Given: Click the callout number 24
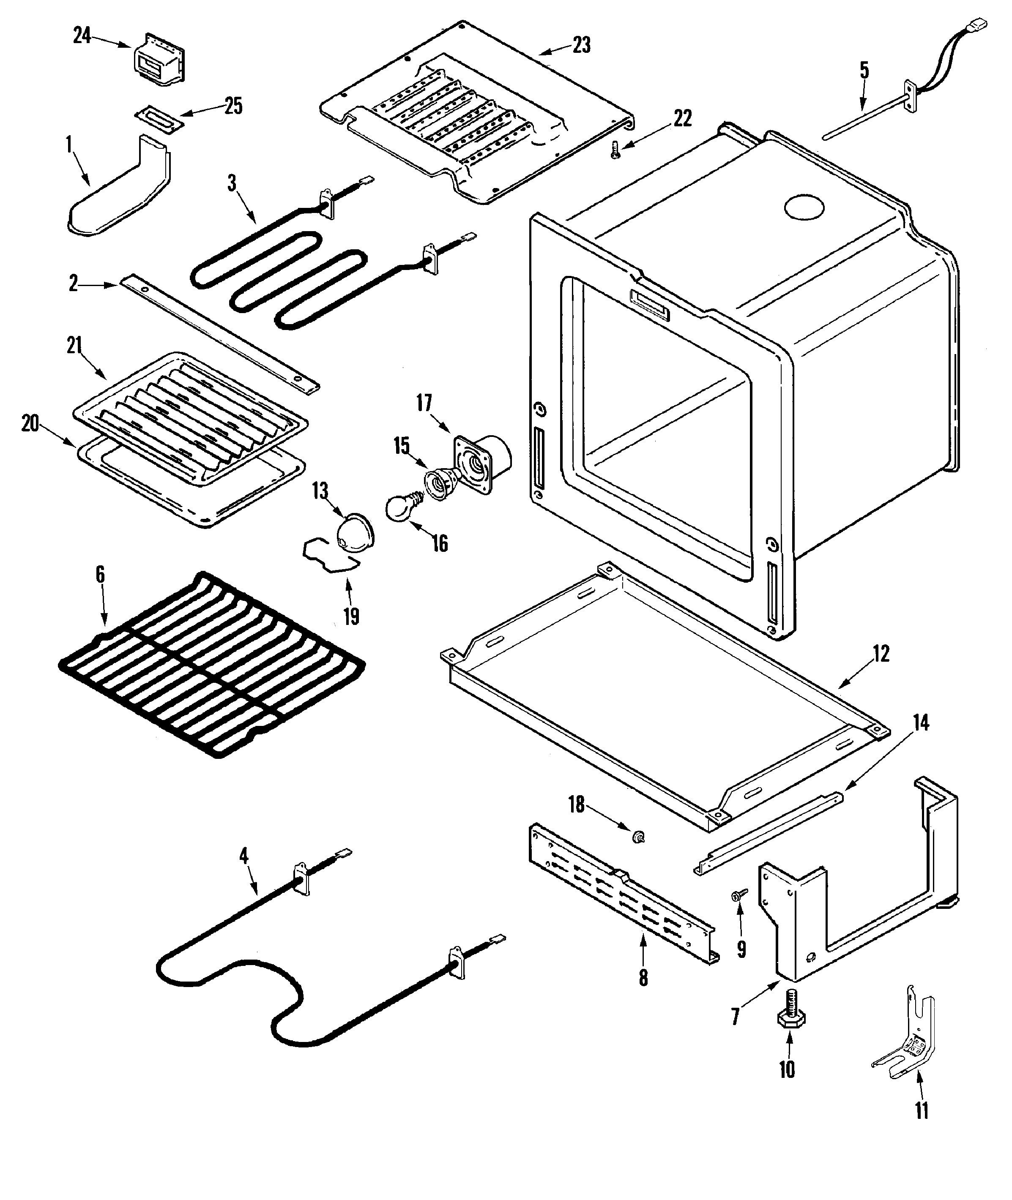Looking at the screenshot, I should [x=82, y=35].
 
